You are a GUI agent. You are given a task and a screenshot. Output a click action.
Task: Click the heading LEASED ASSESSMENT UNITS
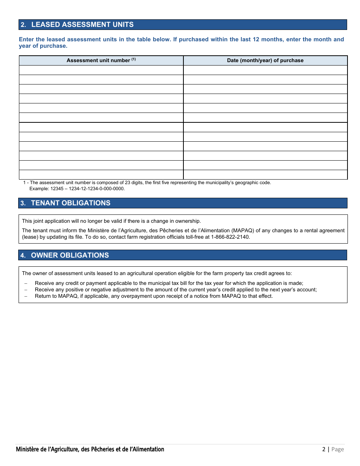click(82, 25)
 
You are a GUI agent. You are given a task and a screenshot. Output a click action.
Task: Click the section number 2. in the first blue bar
click(23, 25)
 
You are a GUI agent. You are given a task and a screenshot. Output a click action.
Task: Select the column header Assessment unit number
click(98, 61)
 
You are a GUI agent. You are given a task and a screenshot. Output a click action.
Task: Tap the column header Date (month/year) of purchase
click(265, 61)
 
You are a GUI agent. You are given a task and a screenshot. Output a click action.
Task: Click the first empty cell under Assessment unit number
click(101, 70)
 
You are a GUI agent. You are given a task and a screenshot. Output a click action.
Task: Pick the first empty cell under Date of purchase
click(265, 70)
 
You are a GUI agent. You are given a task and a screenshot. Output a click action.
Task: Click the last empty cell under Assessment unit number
click(101, 175)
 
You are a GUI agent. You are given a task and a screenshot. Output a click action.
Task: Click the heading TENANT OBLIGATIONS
click(70, 203)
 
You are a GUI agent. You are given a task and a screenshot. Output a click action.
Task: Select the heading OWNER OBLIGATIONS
click(70, 255)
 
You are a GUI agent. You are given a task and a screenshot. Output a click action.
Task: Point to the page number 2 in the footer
click(324, 449)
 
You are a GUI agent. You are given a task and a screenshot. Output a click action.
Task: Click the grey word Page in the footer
click(338, 449)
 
